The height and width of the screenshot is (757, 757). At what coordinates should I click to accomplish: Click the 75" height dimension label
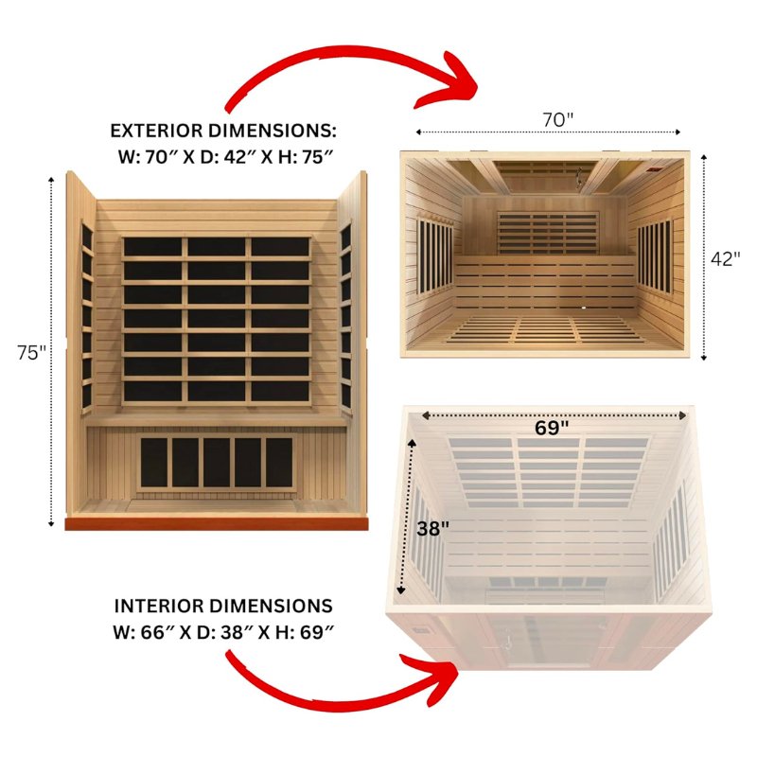point(31,352)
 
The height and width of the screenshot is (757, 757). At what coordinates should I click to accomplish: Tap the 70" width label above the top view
point(558,120)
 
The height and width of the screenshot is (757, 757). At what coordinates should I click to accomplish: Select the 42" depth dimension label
point(726,259)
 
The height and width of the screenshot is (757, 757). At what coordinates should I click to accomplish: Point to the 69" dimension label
point(552,428)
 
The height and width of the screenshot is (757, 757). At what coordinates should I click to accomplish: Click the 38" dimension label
point(431,528)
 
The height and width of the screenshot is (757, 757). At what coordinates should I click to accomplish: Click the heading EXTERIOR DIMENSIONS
point(223,131)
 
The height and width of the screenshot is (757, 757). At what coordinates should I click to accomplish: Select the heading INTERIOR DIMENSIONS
point(223,606)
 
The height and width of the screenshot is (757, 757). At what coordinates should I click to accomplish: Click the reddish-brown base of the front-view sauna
point(216,521)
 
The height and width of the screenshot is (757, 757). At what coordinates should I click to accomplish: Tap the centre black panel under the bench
point(217,462)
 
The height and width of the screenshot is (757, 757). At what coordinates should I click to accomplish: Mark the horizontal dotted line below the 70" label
point(549,133)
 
